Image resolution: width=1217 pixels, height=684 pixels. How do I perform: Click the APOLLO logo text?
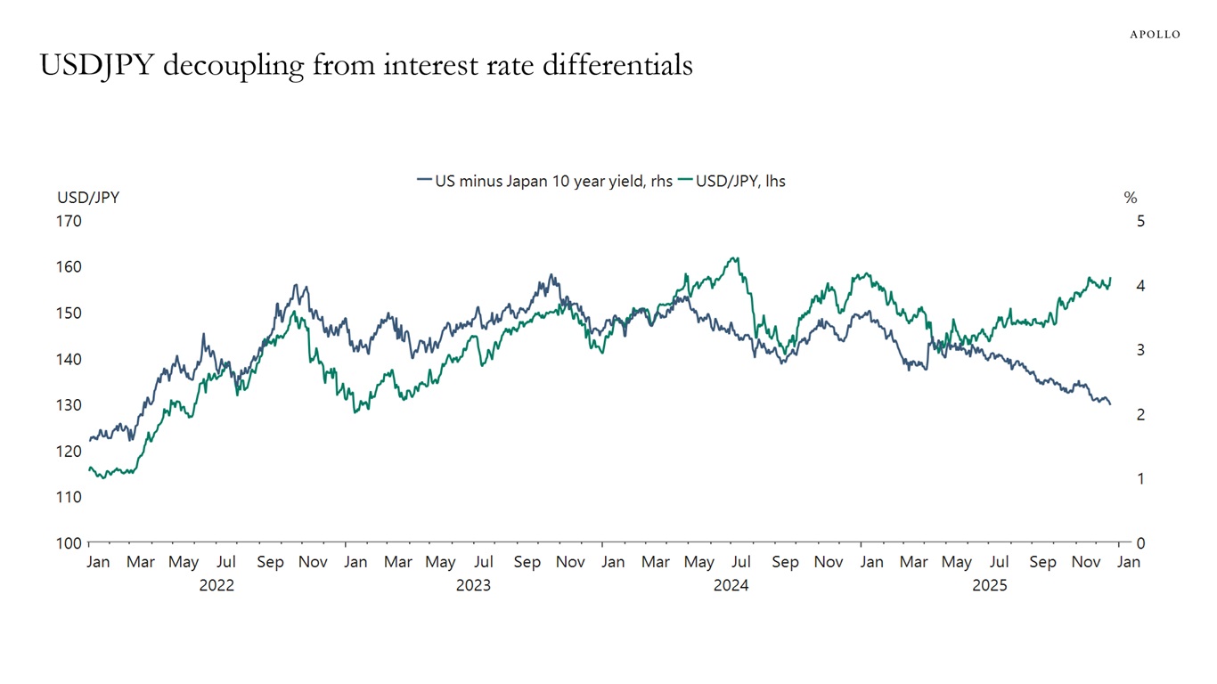(x=1155, y=34)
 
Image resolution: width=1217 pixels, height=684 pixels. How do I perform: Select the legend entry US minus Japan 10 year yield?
(x=544, y=181)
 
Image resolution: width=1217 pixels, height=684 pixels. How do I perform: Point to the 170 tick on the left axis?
(x=69, y=221)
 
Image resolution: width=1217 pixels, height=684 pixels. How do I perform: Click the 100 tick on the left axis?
(x=69, y=543)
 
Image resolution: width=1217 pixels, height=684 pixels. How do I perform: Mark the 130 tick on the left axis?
(x=69, y=405)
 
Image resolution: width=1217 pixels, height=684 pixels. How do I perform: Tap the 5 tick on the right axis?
(x=1140, y=221)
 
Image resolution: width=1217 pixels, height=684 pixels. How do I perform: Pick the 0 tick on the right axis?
(x=1140, y=543)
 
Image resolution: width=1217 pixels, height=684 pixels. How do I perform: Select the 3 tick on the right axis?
(x=1140, y=350)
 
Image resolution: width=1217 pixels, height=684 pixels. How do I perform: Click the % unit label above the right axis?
(x=1130, y=198)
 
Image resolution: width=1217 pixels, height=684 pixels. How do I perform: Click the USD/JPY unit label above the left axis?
(x=88, y=198)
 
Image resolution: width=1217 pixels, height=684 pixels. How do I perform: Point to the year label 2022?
(x=216, y=585)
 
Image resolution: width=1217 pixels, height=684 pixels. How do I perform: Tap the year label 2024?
(x=731, y=585)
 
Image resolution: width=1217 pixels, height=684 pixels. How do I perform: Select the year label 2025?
(x=989, y=585)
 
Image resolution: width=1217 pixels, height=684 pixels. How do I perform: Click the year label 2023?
(x=473, y=585)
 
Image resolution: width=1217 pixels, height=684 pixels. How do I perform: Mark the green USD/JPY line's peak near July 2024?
(x=735, y=258)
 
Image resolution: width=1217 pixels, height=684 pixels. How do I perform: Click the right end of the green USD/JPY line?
(x=1110, y=278)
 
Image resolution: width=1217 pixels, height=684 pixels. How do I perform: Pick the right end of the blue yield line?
(x=1110, y=404)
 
